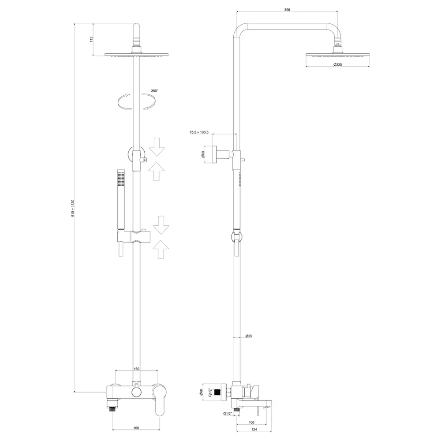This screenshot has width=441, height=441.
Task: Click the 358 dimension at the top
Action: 287,10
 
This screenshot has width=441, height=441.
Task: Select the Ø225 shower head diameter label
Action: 337,65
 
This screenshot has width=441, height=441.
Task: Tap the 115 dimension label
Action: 91,39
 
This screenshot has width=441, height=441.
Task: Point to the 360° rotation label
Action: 154,91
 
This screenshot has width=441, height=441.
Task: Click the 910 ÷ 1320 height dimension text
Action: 73,209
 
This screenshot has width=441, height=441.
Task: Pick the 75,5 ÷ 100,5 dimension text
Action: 199,132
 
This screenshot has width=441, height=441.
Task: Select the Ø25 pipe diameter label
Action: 249,336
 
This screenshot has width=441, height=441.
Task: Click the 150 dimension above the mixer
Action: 136,369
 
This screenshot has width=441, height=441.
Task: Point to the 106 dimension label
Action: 252,422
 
